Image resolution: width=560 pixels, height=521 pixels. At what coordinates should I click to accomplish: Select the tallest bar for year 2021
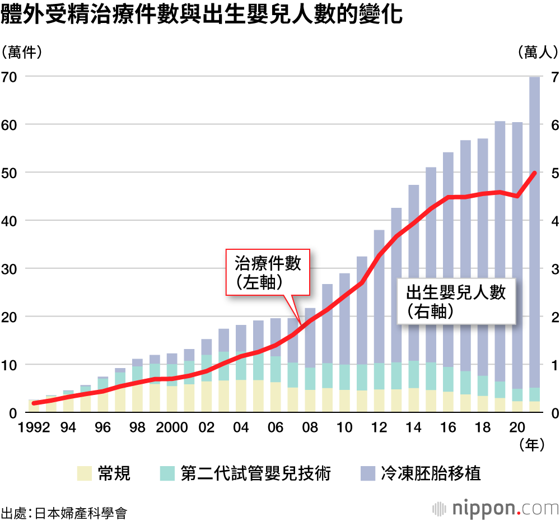(534, 235)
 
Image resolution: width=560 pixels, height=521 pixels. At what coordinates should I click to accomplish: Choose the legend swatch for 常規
(83, 473)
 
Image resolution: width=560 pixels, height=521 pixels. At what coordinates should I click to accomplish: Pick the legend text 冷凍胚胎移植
(431, 473)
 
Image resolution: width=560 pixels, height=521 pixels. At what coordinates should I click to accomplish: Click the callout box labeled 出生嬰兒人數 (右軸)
(456, 300)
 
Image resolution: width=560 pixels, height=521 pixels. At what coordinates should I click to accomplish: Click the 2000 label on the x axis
(172, 427)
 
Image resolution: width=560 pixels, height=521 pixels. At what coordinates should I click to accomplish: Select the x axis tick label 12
(380, 427)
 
